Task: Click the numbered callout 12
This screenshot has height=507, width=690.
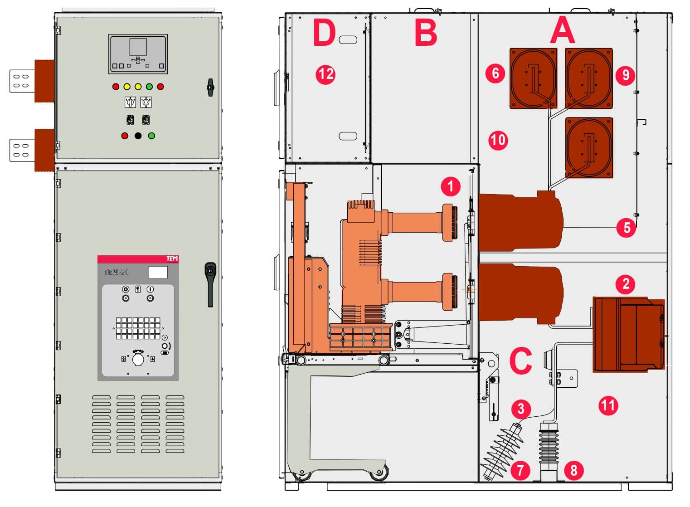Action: [x=326, y=74]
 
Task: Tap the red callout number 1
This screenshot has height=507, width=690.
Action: [x=451, y=186]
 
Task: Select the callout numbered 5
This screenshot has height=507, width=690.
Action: [x=626, y=228]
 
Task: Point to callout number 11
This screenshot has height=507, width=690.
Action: [x=608, y=405]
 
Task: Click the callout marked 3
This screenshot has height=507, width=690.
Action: [x=521, y=409]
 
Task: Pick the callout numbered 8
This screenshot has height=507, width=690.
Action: [x=574, y=471]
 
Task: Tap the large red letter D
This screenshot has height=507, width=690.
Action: [x=324, y=32]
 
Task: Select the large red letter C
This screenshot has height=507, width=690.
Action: [x=521, y=361]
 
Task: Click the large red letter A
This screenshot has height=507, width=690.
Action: [x=563, y=30]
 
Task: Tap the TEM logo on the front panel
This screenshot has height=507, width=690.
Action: [x=172, y=258]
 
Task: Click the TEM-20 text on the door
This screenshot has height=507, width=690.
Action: [x=116, y=272]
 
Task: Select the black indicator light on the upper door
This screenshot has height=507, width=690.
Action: [x=138, y=136]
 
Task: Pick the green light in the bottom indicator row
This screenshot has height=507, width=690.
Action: [x=151, y=136]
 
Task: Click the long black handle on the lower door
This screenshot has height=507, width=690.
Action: [x=210, y=284]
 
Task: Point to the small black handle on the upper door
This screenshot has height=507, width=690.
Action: [x=210, y=88]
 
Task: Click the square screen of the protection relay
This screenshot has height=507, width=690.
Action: [x=138, y=47]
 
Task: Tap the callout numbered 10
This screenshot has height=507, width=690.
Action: [x=498, y=140]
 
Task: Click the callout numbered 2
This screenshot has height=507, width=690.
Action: [x=625, y=284]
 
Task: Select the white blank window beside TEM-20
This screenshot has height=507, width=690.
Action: [x=158, y=273]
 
